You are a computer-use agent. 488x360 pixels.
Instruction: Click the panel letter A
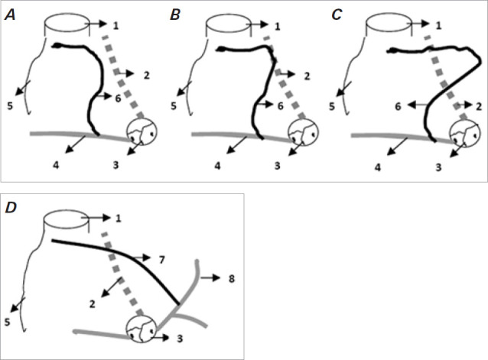(10, 13)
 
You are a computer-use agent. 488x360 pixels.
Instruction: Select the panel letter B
(175, 13)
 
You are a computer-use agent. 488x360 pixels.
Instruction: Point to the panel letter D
(10, 207)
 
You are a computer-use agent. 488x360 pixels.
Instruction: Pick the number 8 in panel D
(231, 280)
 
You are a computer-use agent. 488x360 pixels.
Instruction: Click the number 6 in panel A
(119, 99)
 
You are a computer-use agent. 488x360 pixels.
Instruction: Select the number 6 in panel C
(398, 108)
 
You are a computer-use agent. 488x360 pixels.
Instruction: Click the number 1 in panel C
(438, 26)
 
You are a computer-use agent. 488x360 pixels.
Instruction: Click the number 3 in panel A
(115, 164)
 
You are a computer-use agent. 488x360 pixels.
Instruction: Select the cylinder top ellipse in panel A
(66, 25)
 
